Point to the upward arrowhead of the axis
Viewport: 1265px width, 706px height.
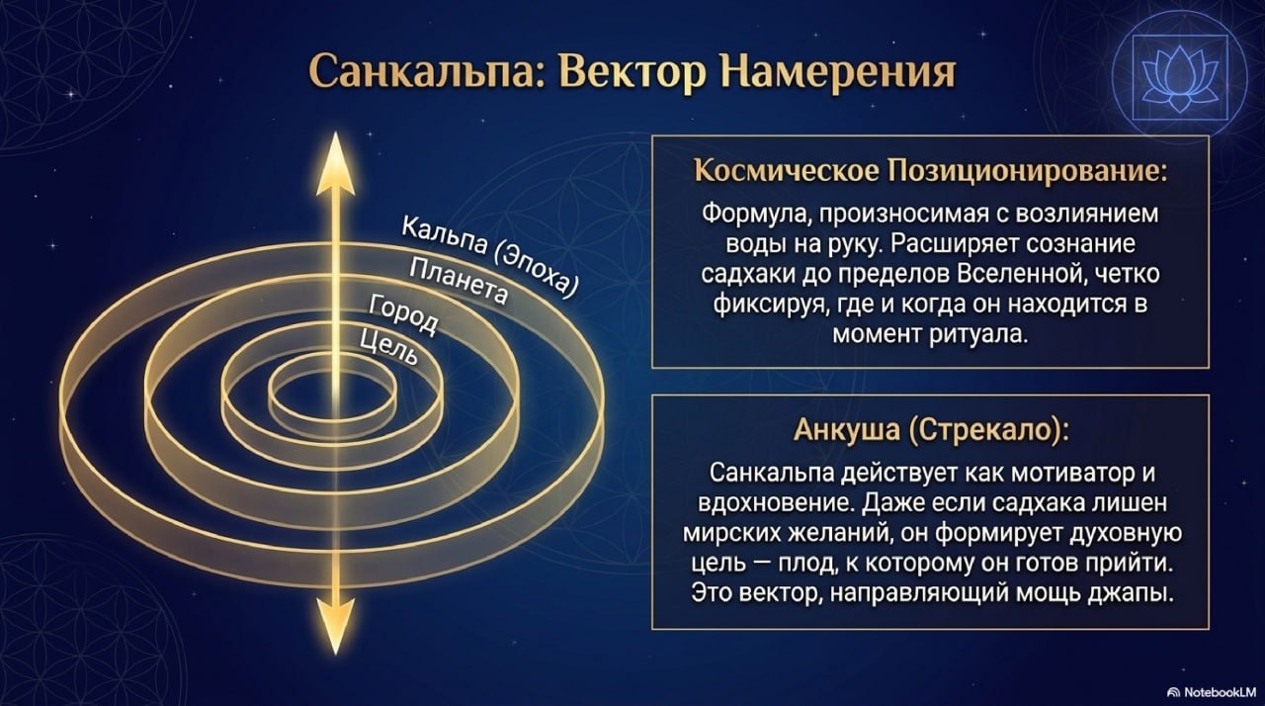(x=335, y=164)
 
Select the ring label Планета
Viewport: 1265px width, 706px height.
(x=458, y=281)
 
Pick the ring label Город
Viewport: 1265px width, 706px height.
(x=403, y=315)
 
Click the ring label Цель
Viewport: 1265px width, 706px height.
(x=389, y=347)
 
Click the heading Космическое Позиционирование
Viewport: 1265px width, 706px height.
(x=930, y=171)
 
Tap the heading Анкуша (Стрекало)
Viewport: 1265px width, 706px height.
(x=931, y=430)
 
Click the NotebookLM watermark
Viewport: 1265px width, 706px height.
(x=1215, y=691)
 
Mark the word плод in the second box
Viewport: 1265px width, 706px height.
(x=805, y=564)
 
